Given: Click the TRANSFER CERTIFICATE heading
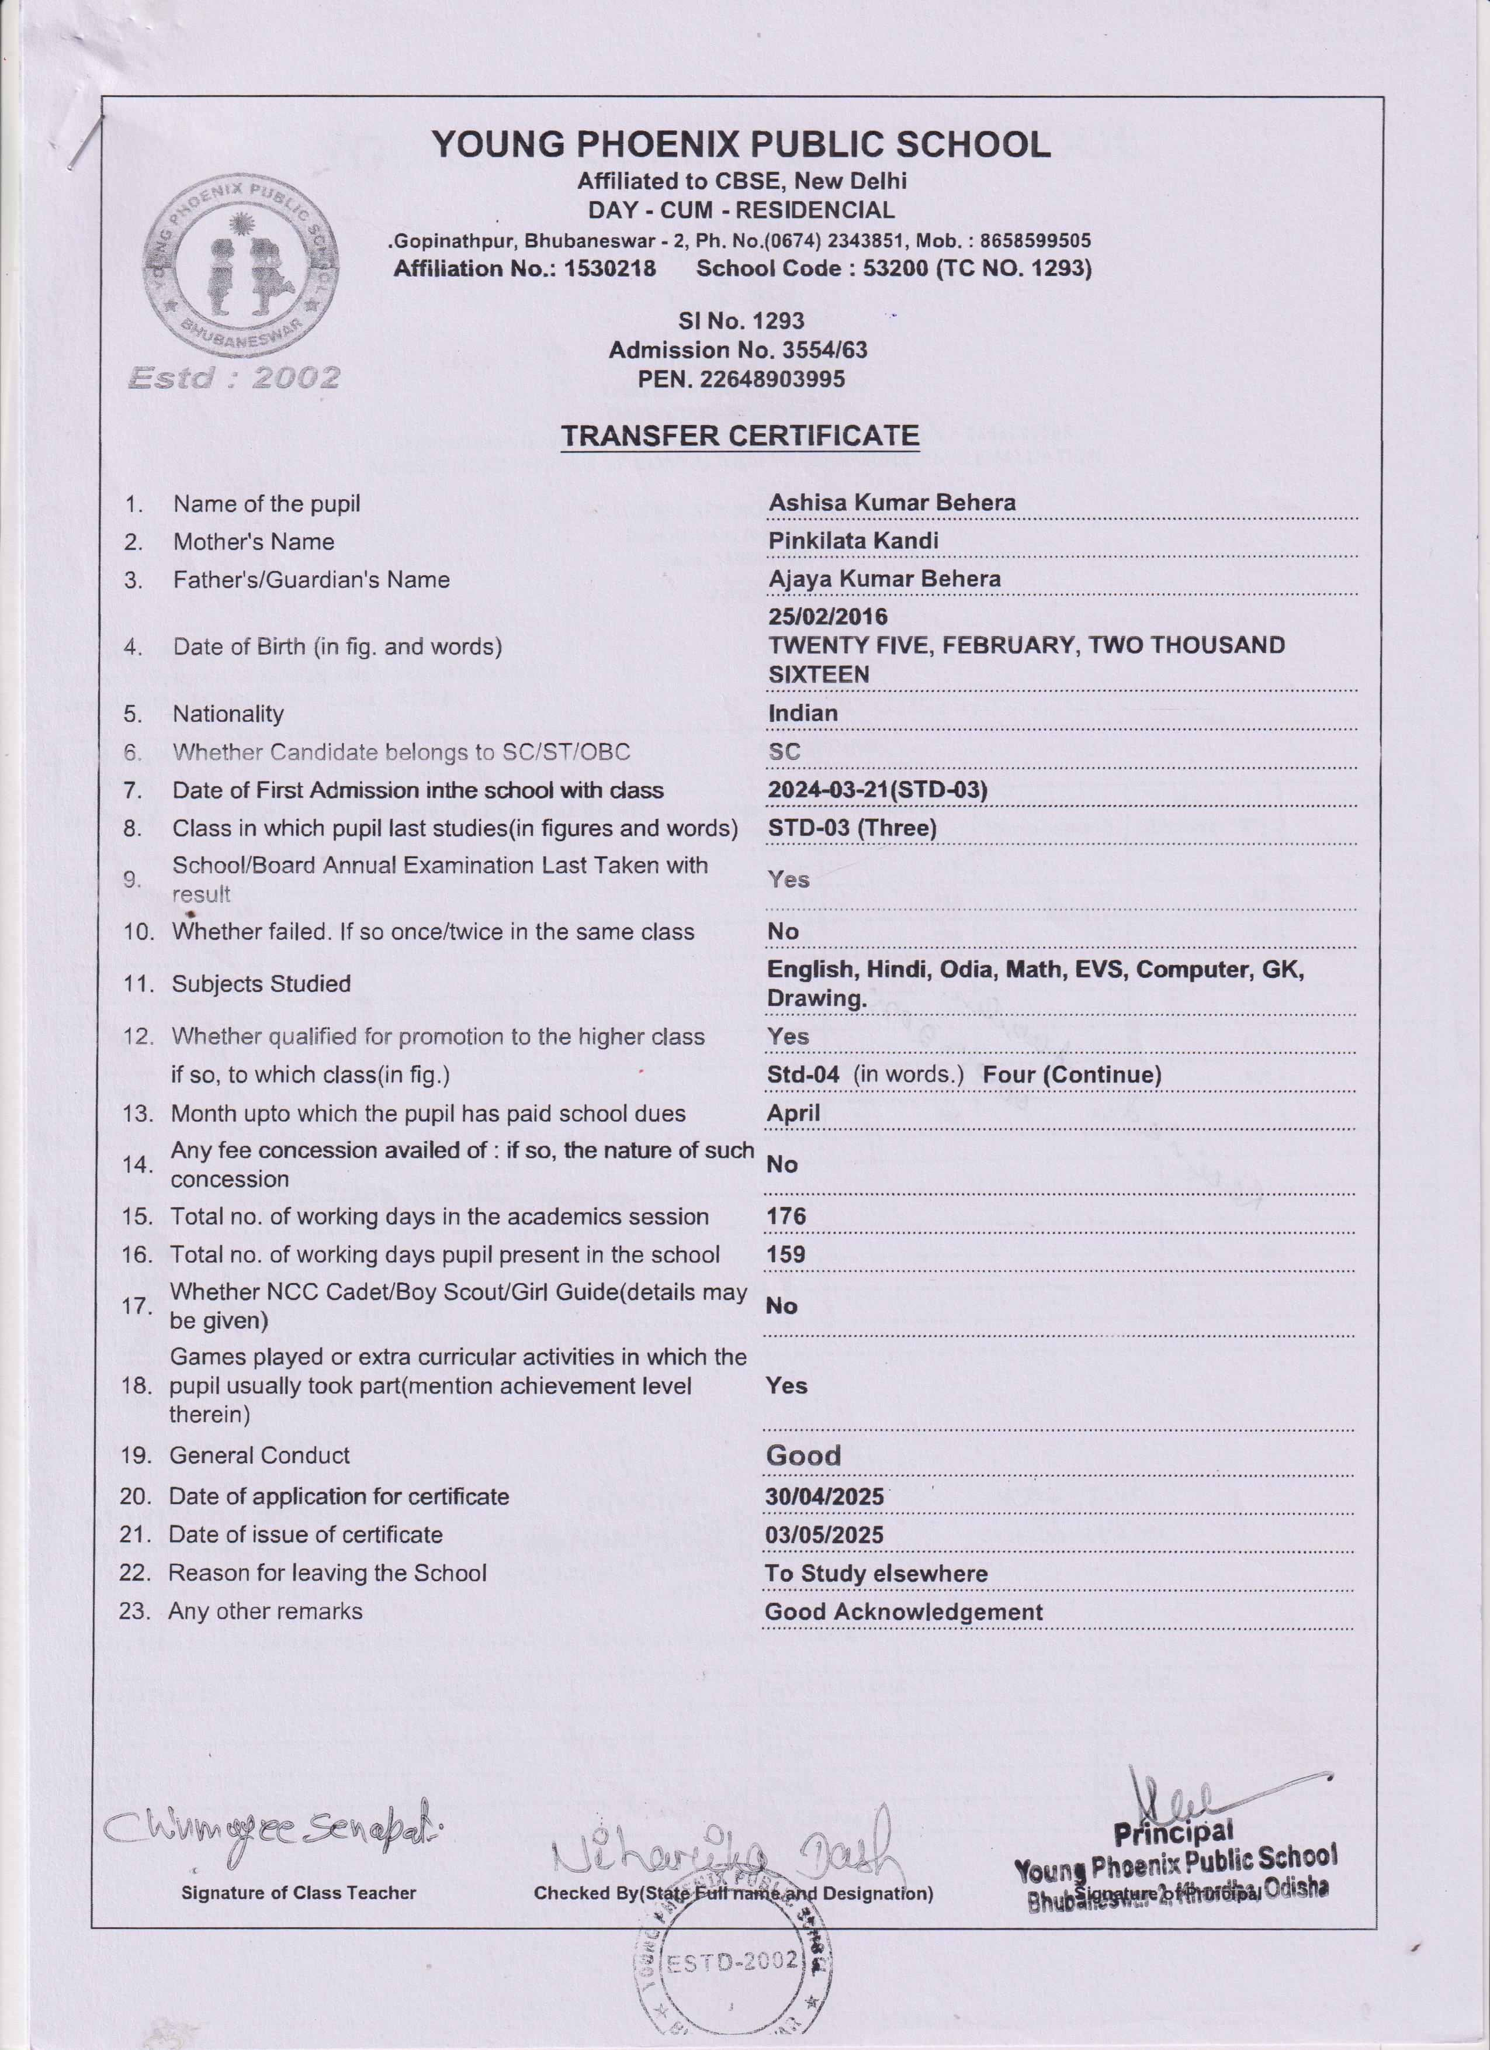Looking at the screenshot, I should click(739, 435).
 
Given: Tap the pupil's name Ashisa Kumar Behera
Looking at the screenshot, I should click(891, 503).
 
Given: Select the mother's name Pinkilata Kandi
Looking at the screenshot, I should click(853, 541).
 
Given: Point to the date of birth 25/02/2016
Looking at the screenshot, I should click(827, 617).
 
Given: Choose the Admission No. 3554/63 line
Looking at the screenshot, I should click(737, 350).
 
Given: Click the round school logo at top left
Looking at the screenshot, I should click(240, 266).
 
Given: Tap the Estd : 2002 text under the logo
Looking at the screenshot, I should click(234, 377).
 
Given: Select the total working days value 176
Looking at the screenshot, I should click(785, 1216).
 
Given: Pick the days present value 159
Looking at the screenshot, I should click(785, 1254).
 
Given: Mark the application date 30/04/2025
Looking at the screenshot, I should click(824, 1496).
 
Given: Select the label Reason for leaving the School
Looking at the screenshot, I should click(327, 1573).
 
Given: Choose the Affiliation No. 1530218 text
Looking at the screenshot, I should click(524, 268).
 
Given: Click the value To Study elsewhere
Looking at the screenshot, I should click(875, 1573).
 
